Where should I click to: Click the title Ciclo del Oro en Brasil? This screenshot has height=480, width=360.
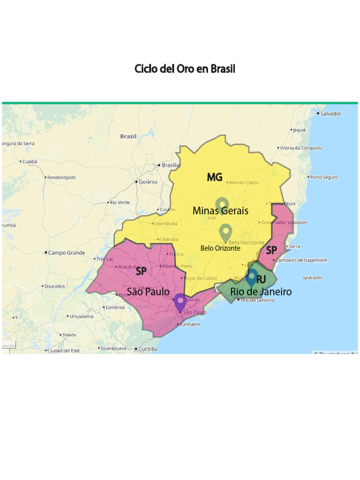point(185,69)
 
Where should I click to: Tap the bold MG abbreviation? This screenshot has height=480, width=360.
point(215,177)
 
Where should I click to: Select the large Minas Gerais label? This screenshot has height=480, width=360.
point(220,211)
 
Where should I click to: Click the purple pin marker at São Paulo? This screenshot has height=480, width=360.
point(180,302)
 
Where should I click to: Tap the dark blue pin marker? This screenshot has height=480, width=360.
point(252,277)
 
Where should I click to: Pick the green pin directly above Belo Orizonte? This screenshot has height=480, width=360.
point(226,232)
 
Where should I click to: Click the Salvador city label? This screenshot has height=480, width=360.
point(331,113)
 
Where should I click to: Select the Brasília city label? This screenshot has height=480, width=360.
point(170,165)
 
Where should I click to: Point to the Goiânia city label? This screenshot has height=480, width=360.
point(148,182)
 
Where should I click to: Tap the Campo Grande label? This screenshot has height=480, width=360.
point(67,253)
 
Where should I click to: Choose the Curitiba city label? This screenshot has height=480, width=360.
point(148,349)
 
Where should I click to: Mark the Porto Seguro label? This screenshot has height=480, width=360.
point(323,177)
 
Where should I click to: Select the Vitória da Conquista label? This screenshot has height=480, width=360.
point(301,148)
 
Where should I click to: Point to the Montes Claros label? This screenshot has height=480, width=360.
point(244,182)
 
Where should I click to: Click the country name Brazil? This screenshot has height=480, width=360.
point(128,136)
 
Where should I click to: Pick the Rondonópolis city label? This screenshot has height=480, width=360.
point(61,177)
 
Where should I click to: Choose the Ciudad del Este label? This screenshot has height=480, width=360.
point(63,351)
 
